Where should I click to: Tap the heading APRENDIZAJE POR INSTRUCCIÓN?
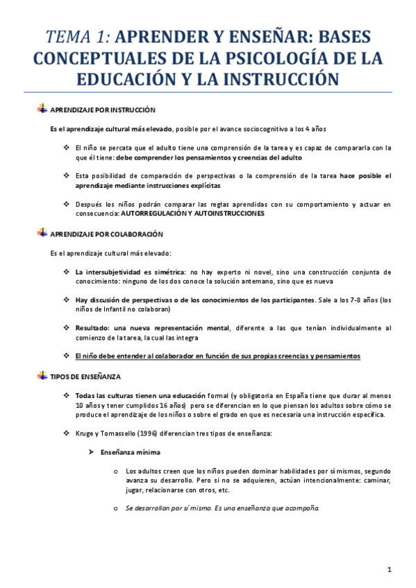click(x=103, y=110)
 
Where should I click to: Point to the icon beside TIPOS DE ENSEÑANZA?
click(x=42, y=375)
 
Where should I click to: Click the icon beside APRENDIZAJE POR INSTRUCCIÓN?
click(x=42, y=110)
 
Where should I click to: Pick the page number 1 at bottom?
click(x=390, y=570)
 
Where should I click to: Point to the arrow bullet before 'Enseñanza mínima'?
click(x=91, y=452)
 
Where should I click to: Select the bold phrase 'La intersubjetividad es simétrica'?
click(x=130, y=272)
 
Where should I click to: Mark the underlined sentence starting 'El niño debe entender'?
click(x=217, y=356)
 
